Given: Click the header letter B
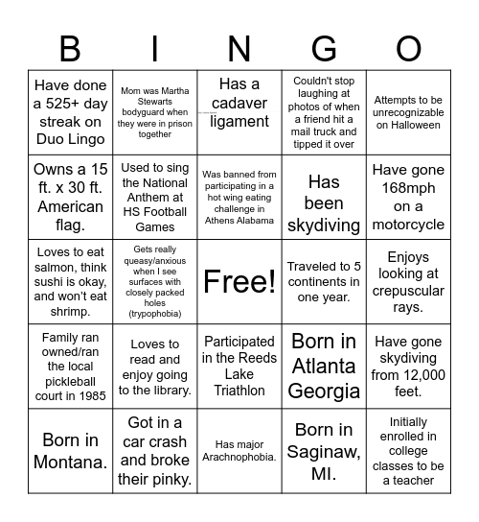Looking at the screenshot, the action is tap(70, 49).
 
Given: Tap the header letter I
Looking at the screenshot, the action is tap(155, 49).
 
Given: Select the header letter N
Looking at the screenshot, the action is tap(239, 49).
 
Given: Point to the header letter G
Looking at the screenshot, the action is tap(324, 49).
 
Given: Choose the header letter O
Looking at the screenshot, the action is tap(409, 49).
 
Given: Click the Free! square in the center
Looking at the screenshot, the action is tap(239, 281).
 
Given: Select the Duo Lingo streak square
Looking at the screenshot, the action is tap(70, 111).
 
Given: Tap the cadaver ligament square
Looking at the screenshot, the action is tap(239, 111).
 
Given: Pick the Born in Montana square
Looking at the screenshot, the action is tap(70, 451).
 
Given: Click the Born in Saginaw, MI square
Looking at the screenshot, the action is tap(324, 451).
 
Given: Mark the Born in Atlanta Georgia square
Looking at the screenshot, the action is tap(324, 366).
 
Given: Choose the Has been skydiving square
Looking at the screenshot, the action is tap(324, 196).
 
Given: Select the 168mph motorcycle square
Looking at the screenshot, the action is tap(409, 196).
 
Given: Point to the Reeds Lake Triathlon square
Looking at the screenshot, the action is tap(239, 366).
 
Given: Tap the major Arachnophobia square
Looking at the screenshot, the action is tap(239, 451).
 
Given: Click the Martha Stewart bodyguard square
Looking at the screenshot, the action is tap(155, 111).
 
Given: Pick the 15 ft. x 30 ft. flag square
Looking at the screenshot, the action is tap(70, 196).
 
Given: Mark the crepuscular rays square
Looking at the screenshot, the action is tap(409, 281).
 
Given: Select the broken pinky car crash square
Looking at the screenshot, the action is tap(155, 451).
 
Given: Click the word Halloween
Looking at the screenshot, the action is tap(409, 125).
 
